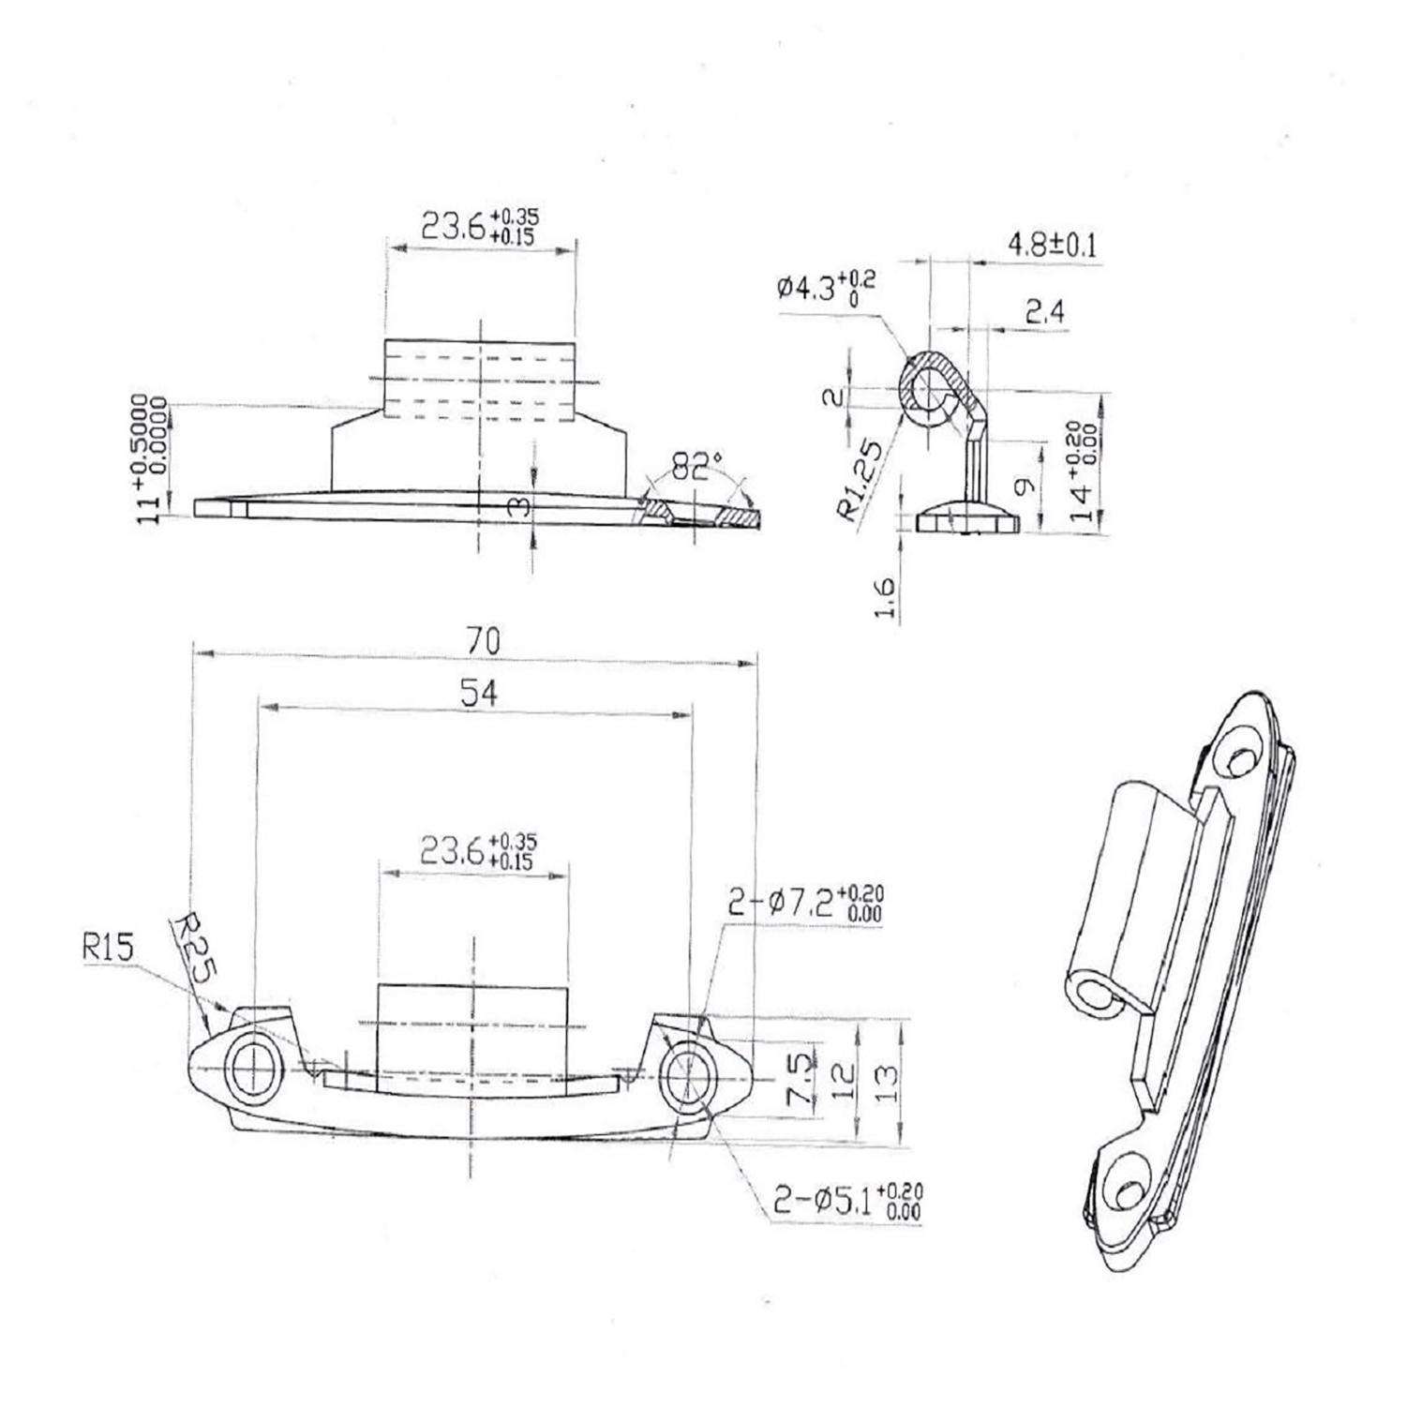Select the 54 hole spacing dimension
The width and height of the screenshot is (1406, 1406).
pyautogui.click(x=479, y=694)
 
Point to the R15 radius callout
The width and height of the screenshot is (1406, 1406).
pyautogui.click(x=108, y=948)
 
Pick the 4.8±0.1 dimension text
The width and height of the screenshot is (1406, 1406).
pyautogui.click(x=1051, y=247)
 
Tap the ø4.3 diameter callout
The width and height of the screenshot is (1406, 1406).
pyautogui.click(x=825, y=285)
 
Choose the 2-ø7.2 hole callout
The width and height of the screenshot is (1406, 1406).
pyautogui.click(x=805, y=903)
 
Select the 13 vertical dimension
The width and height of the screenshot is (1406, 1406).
pyautogui.click(x=887, y=1083)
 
